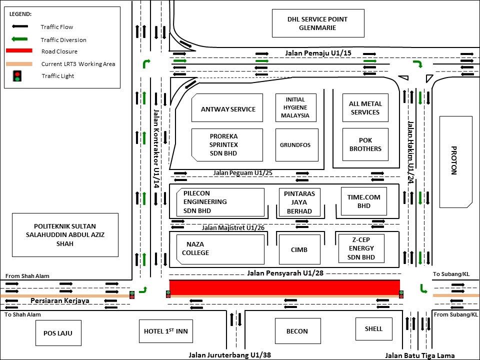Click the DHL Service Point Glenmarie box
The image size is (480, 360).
[x=317, y=23]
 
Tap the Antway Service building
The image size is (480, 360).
[x=227, y=108]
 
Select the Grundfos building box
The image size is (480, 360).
[x=296, y=145]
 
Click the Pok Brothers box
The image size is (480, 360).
[x=365, y=144]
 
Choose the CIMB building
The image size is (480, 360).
[x=299, y=249]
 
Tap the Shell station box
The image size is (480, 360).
[x=373, y=328]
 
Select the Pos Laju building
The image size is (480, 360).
[x=58, y=333]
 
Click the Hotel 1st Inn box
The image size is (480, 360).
[x=165, y=331]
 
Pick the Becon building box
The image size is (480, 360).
[x=297, y=331]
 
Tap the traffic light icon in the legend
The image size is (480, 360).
[x=18, y=76]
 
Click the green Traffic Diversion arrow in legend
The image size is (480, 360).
[x=20, y=39]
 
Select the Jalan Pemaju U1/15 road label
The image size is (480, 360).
[x=311, y=52]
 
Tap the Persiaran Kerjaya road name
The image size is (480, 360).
[x=59, y=300]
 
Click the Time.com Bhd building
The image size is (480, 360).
[x=363, y=201]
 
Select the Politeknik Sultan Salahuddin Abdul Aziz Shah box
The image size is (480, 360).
[x=65, y=234]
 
